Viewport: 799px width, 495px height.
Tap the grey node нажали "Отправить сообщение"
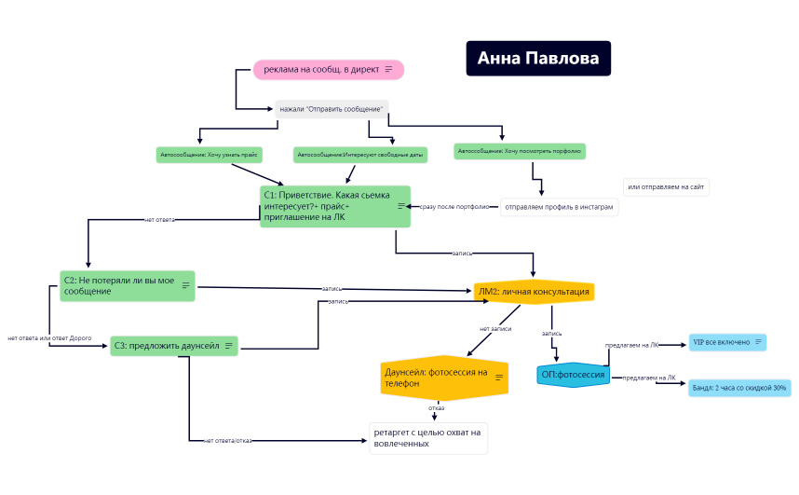331,109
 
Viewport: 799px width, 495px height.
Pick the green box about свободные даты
359,155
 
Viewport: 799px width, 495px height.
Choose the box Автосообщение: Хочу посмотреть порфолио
520,150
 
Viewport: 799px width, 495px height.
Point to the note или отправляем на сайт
667,187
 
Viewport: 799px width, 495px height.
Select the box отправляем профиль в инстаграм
559,207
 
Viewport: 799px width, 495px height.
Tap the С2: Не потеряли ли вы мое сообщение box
127,285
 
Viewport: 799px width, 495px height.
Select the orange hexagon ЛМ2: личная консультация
534,292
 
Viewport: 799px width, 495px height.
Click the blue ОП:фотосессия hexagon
574,376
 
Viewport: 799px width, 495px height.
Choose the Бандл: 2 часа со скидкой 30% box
738,388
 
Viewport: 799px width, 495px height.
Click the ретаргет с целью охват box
427,438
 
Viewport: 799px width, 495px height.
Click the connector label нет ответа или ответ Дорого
50,337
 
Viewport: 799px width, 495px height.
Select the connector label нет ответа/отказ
227,440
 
